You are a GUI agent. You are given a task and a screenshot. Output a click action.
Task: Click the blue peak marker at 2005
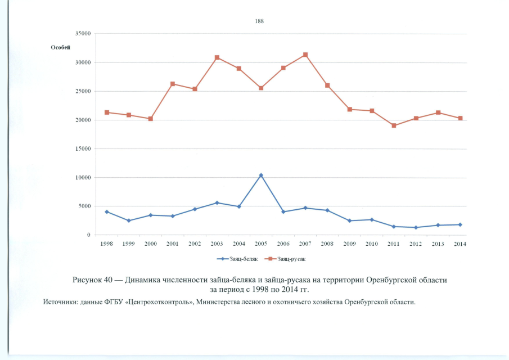click(261, 175)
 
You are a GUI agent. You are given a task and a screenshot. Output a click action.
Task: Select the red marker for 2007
click(305, 55)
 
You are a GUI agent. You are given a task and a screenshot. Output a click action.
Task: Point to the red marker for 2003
click(217, 57)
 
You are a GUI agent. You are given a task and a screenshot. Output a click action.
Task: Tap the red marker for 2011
click(394, 125)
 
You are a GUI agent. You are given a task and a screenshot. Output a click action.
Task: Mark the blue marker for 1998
click(106, 211)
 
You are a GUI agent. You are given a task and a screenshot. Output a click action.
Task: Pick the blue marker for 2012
click(416, 227)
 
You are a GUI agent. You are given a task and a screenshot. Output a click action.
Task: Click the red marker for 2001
click(173, 84)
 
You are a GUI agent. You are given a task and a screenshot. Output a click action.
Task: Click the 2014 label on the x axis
click(460, 244)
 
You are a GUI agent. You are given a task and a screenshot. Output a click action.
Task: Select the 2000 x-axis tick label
click(151, 244)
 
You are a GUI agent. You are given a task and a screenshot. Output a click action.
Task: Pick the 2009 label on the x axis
click(349, 244)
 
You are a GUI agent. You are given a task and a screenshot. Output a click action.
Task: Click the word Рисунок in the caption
click(88, 280)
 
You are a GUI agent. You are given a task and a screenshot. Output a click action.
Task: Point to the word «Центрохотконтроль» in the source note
click(158, 303)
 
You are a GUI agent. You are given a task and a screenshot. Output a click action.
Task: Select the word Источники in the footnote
click(61, 303)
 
